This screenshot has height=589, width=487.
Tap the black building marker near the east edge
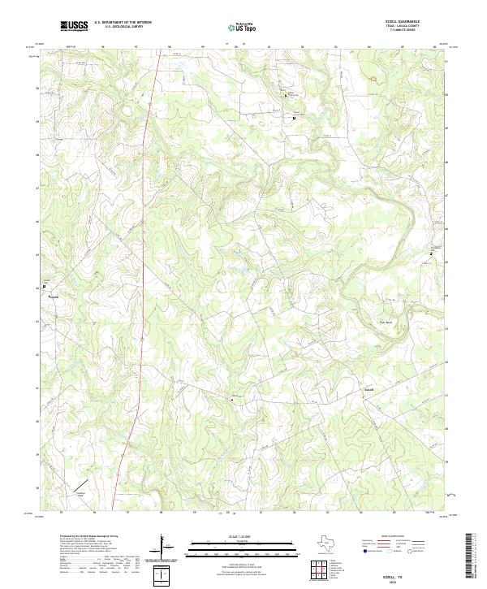[x=431, y=254]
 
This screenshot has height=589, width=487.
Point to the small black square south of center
[x=233, y=397]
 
